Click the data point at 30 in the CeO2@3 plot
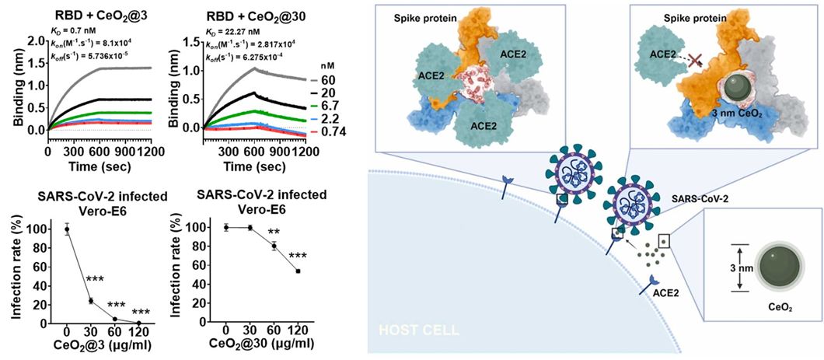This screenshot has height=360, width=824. pos(90,301)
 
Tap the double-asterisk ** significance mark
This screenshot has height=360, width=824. pos(274,232)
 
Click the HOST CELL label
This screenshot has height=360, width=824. pos(417,330)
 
